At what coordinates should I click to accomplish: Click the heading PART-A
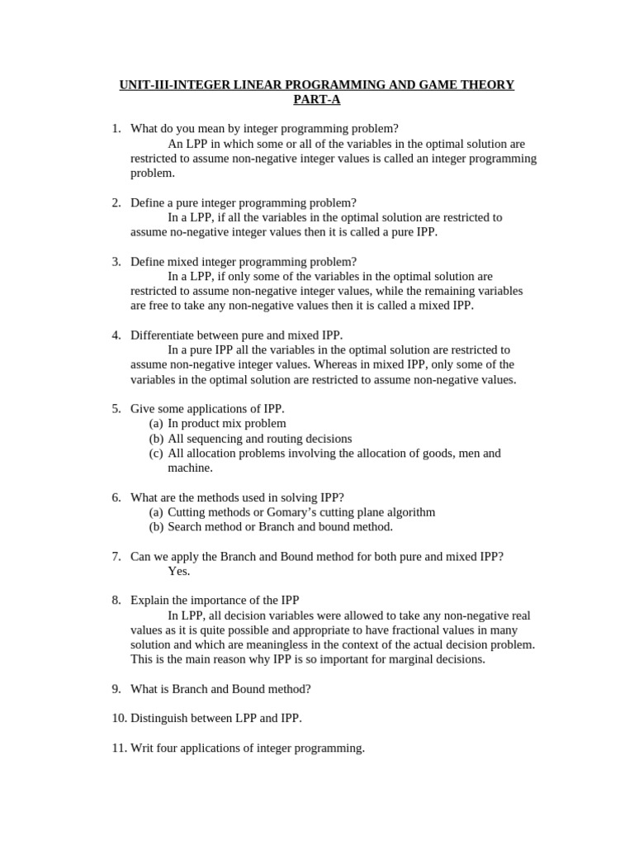tap(316, 100)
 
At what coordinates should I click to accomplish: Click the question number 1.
tap(116, 129)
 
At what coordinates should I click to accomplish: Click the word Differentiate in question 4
tap(164, 335)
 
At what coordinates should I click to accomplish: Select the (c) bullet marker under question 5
tap(156, 453)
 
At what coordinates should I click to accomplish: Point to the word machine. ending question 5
tap(190, 468)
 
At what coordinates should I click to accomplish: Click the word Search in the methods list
tap(186, 526)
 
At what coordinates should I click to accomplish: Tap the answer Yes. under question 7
tap(179, 571)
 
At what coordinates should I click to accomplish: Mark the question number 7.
tap(116, 556)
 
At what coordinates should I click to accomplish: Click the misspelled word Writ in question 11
tap(142, 748)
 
